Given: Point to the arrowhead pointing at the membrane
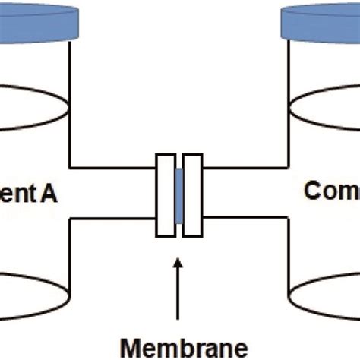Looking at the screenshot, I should tap(179, 266).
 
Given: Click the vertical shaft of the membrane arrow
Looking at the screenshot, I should tap(179, 296).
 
